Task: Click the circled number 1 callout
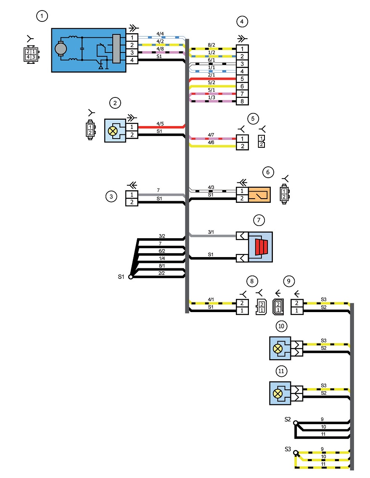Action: click(x=42, y=16)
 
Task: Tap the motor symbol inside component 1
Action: click(x=61, y=48)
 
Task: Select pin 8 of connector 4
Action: click(x=242, y=101)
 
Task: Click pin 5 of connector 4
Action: click(x=242, y=79)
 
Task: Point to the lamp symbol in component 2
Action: click(x=113, y=131)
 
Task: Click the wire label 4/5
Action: click(x=160, y=123)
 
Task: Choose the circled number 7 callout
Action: click(x=259, y=220)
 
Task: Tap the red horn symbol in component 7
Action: click(x=261, y=247)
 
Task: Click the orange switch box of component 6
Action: click(x=259, y=194)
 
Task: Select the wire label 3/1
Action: click(x=211, y=232)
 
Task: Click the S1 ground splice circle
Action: click(x=131, y=277)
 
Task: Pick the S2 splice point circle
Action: click(x=295, y=423)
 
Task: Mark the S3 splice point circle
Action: click(x=295, y=453)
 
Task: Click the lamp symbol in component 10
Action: click(x=277, y=349)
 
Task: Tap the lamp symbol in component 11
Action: click(x=277, y=393)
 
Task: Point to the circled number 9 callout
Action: click(x=289, y=281)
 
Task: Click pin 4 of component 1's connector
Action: click(x=132, y=60)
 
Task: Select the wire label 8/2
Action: click(x=211, y=45)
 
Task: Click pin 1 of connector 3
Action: click(x=132, y=194)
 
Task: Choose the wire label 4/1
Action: click(x=211, y=299)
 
